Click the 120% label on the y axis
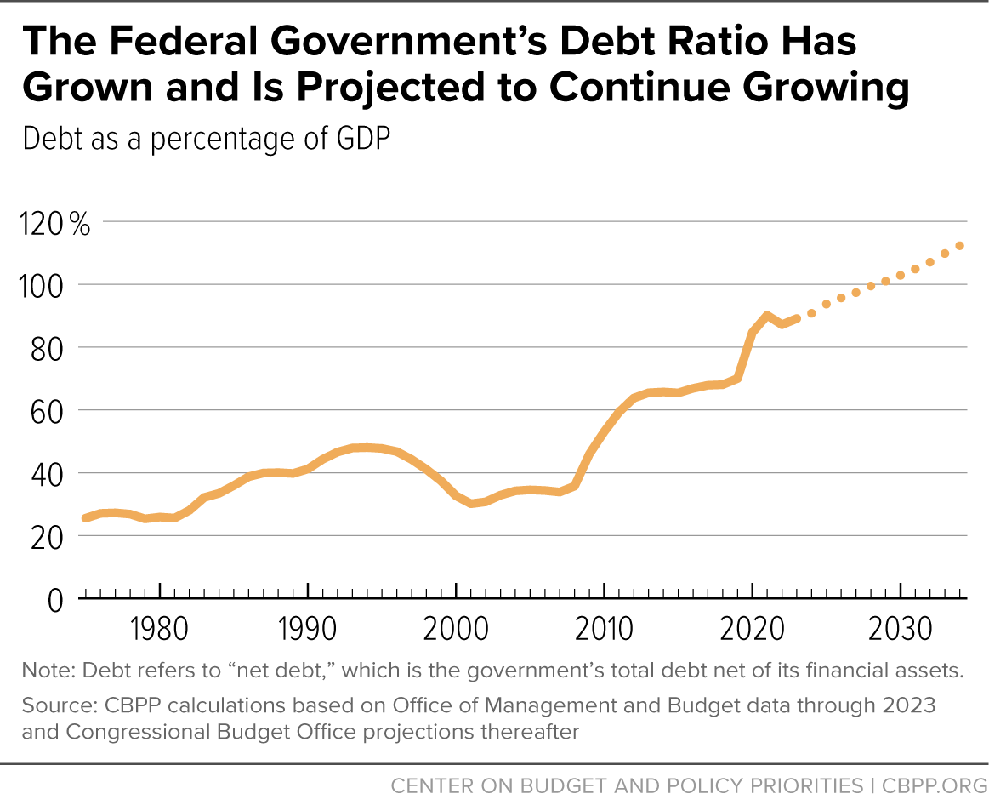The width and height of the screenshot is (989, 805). [x=55, y=224]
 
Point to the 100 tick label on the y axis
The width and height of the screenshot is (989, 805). [x=42, y=287]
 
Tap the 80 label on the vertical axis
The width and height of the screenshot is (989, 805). [x=48, y=349]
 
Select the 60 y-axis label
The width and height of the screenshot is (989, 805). [x=48, y=412]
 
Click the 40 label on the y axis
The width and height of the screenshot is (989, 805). [x=48, y=475]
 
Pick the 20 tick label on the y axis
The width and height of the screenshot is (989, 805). [x=48, y=537]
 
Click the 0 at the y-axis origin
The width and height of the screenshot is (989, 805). [x=55, y=600]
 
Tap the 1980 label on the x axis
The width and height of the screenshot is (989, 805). [x=159, y=629]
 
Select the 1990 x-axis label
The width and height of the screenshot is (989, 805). [x=307, y=629]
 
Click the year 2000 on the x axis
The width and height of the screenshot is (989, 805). [x=456, y=629]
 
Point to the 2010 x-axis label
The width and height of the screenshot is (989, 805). [x=604, y=629]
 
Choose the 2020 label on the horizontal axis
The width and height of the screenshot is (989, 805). [x=752, y=629]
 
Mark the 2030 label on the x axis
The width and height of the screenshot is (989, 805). [x=900, y=629]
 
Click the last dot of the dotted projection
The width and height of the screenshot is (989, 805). [x=959, y=246]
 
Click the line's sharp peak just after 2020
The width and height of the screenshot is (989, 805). [x=766, y=315]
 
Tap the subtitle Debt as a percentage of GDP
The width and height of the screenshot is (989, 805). [x=207, y=139]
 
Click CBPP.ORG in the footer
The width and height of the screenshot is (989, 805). [x=935, y=785]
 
